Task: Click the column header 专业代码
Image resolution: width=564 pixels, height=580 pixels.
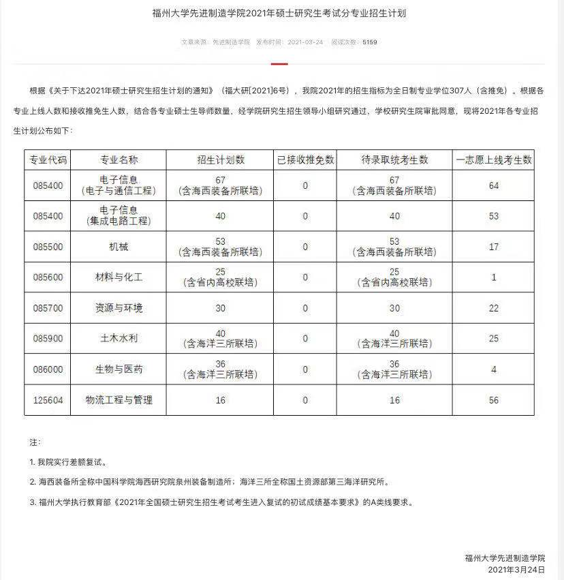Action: tap(48, 160)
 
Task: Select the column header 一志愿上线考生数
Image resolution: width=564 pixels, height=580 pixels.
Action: tap(494, 160)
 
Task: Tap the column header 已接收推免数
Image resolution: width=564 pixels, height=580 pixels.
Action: tap(305, 160)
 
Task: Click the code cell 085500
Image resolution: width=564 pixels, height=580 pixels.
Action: tap(48, 247)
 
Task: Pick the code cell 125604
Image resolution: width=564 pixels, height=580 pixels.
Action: tap(48, 400)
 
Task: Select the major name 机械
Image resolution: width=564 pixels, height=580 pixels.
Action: tap(119, 247)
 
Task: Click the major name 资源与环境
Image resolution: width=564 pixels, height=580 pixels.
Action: tap(119, 308)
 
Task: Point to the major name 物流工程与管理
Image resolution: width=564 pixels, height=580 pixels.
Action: tap(119, 400)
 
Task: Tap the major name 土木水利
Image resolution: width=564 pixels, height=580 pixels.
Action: tap(119, 339)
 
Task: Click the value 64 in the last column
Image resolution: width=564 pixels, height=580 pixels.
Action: tap(494, 185)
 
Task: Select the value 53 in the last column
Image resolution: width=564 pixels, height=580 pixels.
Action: tap(494, 216)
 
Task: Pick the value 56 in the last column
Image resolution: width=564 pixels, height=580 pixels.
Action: tap(494, 400)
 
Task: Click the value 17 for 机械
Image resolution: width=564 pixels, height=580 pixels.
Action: tap(494, 247)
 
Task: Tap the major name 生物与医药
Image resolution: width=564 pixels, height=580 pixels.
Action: tap(119, 369)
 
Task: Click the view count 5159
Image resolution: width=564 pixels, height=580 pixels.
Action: tap(369, 42)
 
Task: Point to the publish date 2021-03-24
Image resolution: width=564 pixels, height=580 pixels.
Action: tap(304, 42)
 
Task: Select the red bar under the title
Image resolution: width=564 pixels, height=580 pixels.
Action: tap(279, 64)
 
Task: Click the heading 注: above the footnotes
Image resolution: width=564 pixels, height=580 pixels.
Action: tap(35, 442)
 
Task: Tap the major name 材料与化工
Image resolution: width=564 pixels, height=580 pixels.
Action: tap(119, 277)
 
